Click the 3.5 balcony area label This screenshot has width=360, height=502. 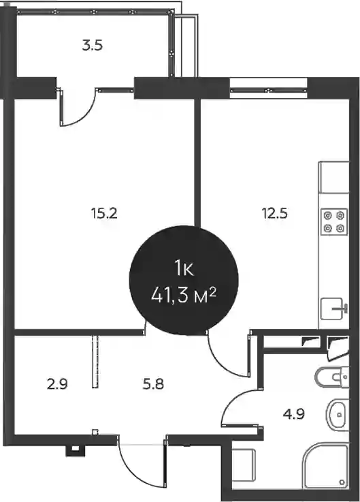point(92,46)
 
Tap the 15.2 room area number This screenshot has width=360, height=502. point(104,213)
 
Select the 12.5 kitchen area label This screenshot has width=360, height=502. point(275,213)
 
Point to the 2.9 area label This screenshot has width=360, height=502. point(57,383)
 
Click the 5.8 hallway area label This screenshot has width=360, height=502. point(153,383)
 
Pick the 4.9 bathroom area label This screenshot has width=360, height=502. point(293,414)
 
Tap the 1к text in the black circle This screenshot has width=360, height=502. point(184,269)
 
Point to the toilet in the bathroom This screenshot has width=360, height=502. point(332,377)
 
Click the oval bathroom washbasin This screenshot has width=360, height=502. point(336,415)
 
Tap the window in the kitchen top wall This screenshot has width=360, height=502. point(269,91)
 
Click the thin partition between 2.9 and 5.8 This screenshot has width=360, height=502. point(95,362)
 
